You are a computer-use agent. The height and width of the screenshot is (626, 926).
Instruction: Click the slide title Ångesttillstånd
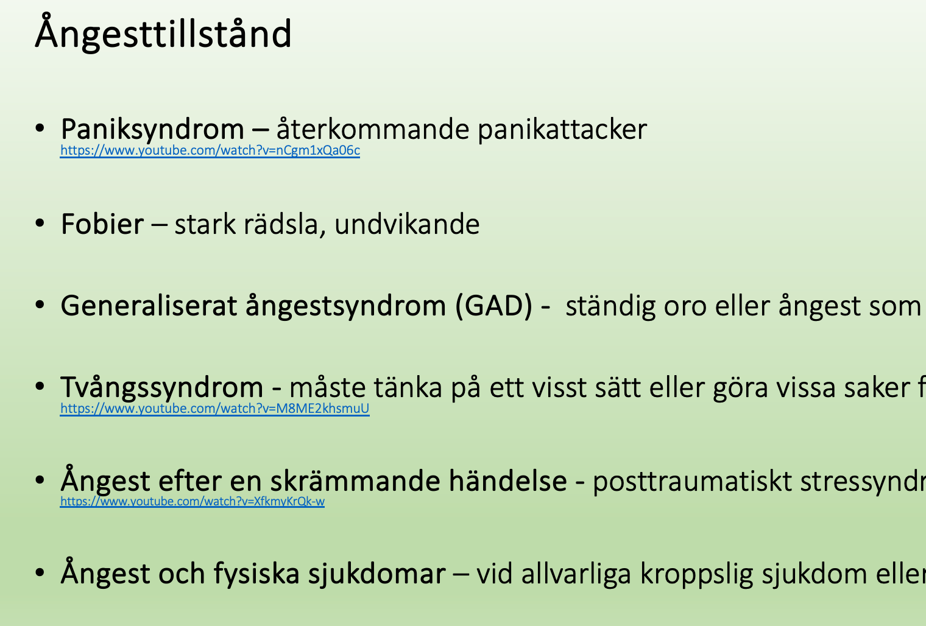tap(163, 33)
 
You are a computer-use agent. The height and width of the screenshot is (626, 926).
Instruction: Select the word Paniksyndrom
tap(152, 129)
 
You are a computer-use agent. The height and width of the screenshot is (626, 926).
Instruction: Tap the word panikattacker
tap(562, 129)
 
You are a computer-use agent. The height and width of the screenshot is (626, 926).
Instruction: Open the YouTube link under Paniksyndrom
tap(210, 150)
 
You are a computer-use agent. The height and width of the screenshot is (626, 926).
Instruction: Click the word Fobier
tap(102, 224)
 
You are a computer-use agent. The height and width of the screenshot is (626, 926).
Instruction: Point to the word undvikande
tap(407, 224)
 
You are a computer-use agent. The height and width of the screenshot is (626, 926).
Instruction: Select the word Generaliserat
tap(149, 306)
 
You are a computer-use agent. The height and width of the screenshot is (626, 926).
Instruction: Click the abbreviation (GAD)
tap(493, 306)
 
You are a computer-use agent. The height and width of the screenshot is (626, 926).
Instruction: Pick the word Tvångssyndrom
tap(161, 387)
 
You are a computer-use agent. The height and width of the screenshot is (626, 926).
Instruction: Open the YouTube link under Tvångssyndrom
tap(215, 409)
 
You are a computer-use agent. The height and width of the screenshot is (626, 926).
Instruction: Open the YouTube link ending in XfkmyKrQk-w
tap(193, 501)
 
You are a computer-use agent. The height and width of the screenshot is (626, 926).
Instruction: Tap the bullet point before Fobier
tap(40, 223)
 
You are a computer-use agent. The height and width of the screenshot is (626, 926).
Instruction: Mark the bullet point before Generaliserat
tap(40, 305)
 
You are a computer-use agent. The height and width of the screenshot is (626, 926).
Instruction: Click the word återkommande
tap(373, 129)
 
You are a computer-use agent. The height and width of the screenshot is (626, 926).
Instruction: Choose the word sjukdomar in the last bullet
tap(376, 574)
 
